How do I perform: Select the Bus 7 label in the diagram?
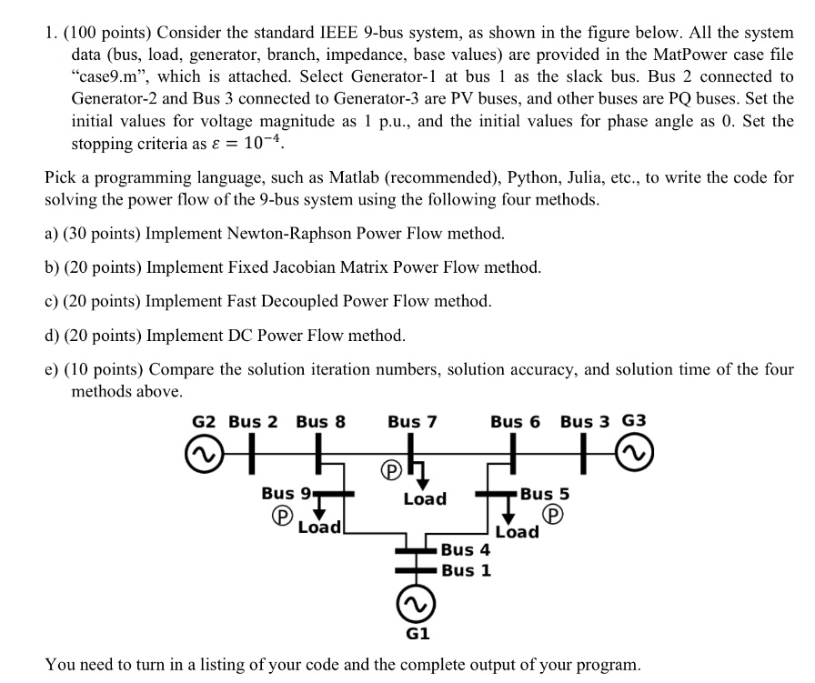coord(412,421)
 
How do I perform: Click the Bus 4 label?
coord(466,549)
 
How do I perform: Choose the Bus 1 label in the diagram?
coord(466,570)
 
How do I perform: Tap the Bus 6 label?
coord(515,421)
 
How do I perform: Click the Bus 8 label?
coord(320,421)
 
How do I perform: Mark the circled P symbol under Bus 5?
coord(552,514)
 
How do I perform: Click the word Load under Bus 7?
coord(425,498)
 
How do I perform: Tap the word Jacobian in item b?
coord(280,267)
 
